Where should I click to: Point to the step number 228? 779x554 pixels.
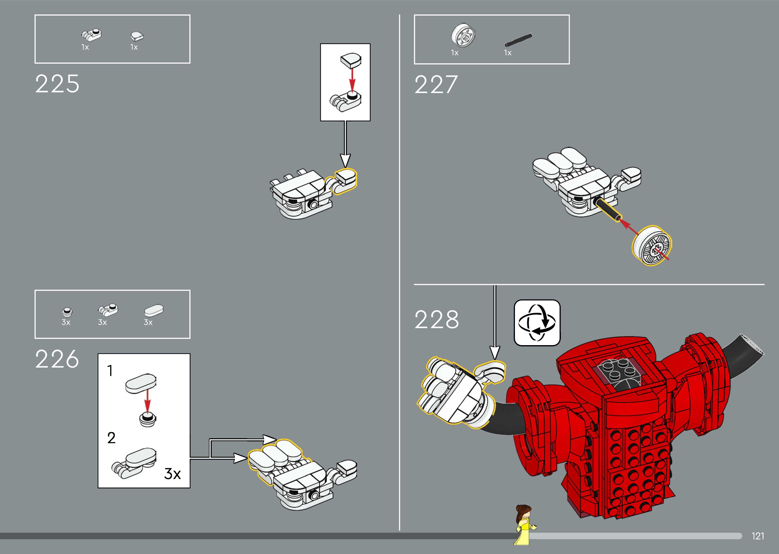[437, 320]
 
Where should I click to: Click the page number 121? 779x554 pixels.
[758, 536]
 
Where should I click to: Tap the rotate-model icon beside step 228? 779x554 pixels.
[537, 322]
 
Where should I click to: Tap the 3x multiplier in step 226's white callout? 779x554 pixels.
[172, 473]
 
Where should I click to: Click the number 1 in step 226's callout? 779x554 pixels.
[110, 371]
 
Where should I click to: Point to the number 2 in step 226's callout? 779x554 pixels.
[111, 438]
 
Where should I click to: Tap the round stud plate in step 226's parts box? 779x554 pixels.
[67, 311]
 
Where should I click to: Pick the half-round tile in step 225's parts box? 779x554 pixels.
[137, 36]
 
